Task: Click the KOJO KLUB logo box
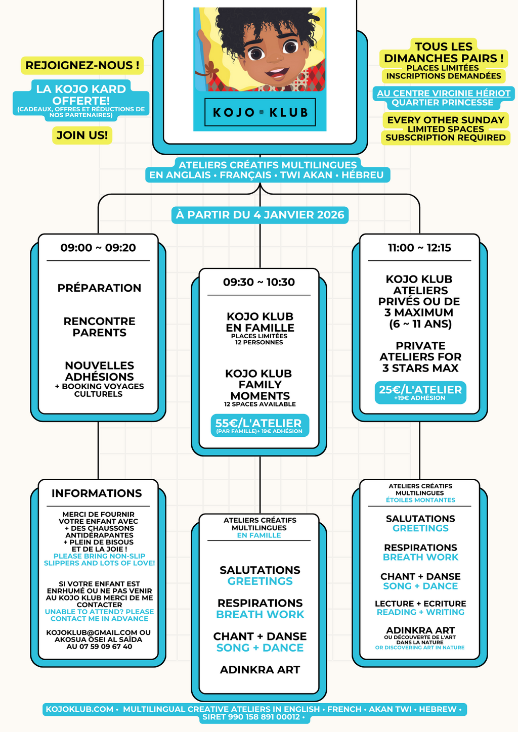click(x=260, y=112)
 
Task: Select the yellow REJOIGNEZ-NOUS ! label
click(x=82, y=65)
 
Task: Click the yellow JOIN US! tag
click(x=82, y=135)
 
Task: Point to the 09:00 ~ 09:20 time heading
click(x=98, y=248)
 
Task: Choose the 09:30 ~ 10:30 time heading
click(x=259, y=282)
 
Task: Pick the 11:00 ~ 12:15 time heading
click(x=419, y=248)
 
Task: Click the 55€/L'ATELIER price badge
click(x=259, y=425)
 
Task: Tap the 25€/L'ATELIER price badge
click(x=420, y=392)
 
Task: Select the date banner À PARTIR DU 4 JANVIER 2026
click(x=260, y=215)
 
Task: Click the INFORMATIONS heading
click(x=97, y=493)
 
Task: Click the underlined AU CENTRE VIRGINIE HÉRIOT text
click(x=444, y=93)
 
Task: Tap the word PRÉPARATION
click(x=99, y=288)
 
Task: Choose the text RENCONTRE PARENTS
click(x=99, y=327)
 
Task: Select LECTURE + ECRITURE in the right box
click(x=420, y=604)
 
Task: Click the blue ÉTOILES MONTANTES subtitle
click(x=420, y=500)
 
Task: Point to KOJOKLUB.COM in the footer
click(x=79, y=709)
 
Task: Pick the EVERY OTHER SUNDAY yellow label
click(x=446, y=120)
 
